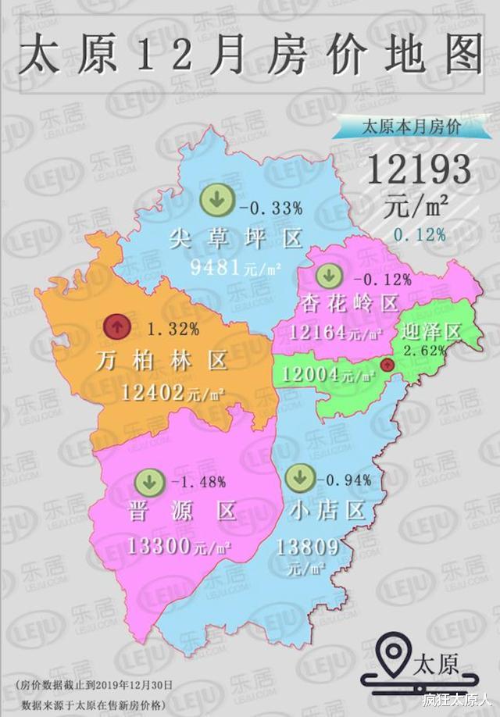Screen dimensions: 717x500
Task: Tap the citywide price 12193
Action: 419,169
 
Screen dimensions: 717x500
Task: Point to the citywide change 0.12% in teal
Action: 420,234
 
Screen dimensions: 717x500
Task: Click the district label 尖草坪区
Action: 235,238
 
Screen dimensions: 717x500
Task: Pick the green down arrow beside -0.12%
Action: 329,275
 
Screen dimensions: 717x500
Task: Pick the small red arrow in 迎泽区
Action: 385,365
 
